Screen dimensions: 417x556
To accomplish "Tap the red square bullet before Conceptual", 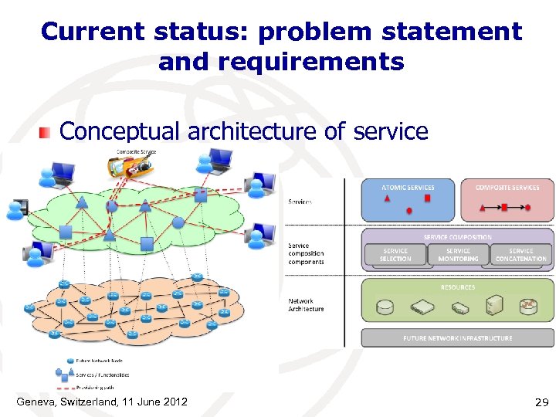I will coord(46,133).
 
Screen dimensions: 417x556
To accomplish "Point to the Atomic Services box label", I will coord(408,188).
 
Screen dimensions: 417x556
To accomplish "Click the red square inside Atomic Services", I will coord(427,198).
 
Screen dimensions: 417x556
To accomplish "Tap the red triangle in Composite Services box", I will coord(483,207).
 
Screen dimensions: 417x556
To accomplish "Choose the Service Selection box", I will coord(395,254).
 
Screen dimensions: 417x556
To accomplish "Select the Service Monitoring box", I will coord(458,254).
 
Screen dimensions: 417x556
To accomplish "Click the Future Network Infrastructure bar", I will coord(457,338).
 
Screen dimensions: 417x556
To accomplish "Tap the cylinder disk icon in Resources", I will coord(384,308).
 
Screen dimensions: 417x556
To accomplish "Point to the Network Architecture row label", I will coord(306,305).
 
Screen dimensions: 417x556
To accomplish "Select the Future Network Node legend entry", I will coord(100,361).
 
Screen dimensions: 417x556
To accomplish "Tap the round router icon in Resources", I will coord(529,307).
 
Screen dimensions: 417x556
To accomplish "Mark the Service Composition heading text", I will coord(457,237).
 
